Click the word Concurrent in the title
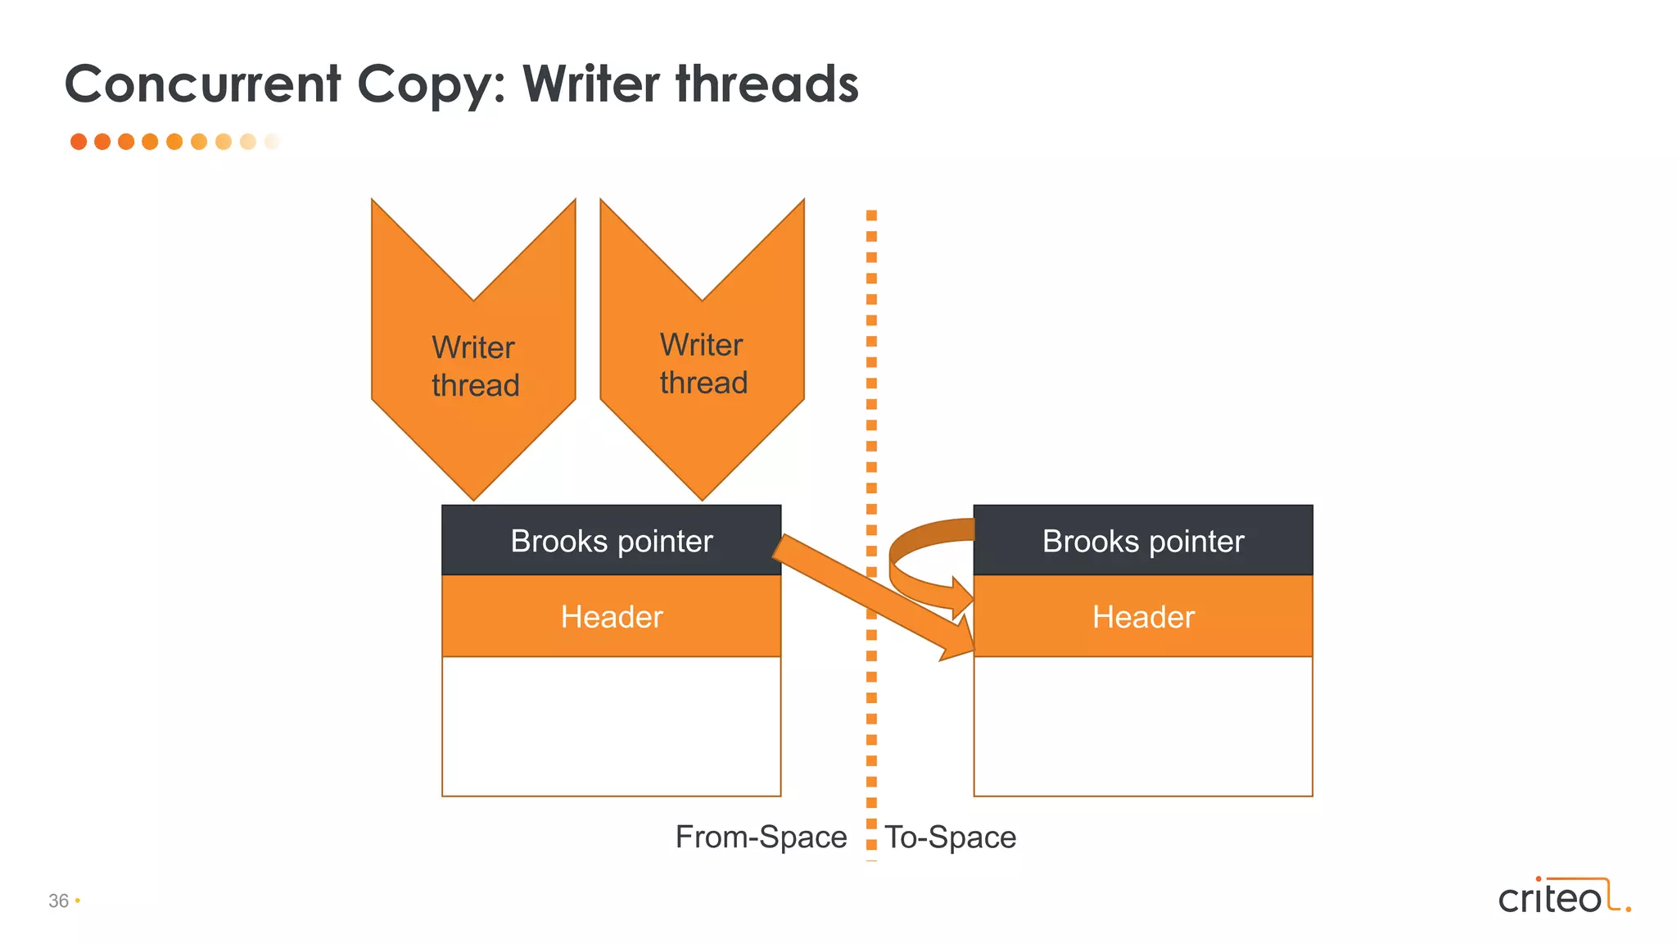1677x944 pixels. point(202,84)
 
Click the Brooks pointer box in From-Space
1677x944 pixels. point(611,541)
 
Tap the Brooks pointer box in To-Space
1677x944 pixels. point(1143,541)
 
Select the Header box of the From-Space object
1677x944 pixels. point(611,616)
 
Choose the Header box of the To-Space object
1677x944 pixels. point(1143,616)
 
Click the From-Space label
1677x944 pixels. point(761,837)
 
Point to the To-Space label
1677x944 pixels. point(951,837)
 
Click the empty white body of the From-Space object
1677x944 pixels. point(611,726)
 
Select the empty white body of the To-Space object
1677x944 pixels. point(1143,726)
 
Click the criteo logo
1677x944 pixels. point(1563,896)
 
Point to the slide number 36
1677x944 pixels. point(59,901)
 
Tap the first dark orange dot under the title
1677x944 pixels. point(79,142)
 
